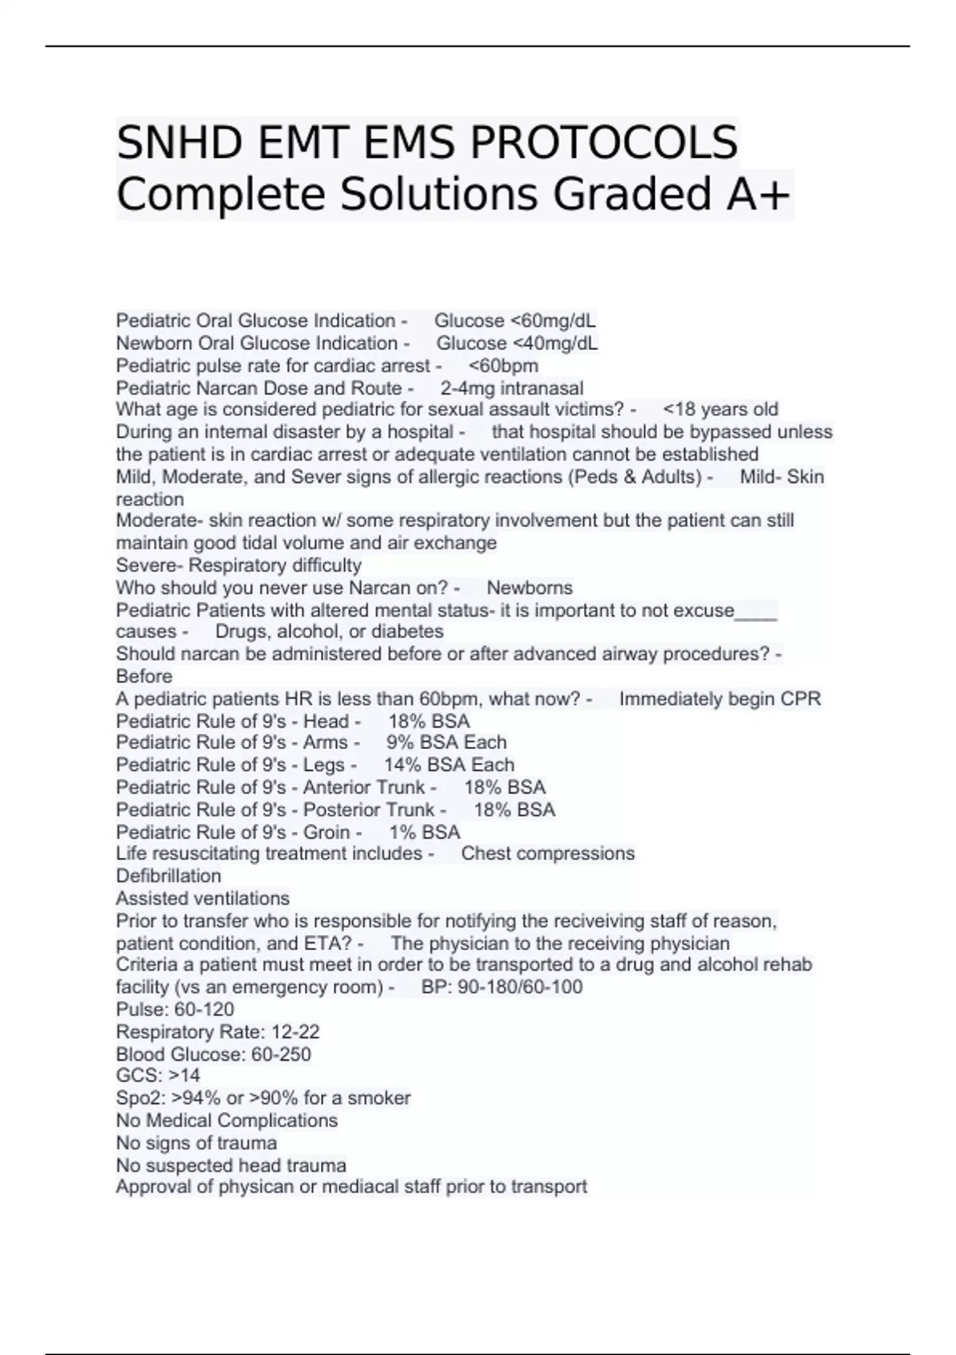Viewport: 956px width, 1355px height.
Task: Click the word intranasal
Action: point(541,388)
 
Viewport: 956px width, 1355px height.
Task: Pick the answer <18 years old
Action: point(720,410)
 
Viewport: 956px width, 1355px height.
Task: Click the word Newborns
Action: point(529,588)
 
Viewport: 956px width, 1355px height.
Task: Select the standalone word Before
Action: point(144,677)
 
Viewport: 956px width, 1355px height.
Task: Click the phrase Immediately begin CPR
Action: point(719,699)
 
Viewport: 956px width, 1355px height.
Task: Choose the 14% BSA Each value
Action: point(449,765)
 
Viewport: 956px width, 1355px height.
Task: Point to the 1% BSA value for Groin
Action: point(425,832)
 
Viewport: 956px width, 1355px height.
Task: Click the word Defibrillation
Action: point(169,876)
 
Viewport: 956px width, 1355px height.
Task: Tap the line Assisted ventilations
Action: point(203,898)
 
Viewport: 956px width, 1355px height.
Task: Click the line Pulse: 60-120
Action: point(175,1009)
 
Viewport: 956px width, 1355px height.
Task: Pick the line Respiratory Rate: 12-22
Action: point(217,1032)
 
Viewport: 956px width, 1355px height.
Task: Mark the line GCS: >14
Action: point(158,1076)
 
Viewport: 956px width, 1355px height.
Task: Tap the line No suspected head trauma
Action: point(231,1165)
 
